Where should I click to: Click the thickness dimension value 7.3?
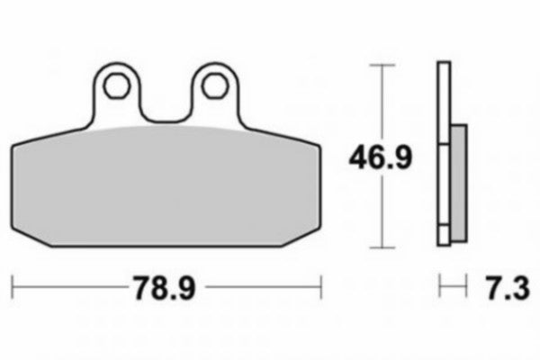point(505,289)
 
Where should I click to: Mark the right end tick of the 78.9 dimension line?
point(322,288)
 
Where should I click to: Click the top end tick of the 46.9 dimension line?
point(384,65)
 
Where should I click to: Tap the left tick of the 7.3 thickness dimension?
point(439,288)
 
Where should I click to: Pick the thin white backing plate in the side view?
point(442,153)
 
